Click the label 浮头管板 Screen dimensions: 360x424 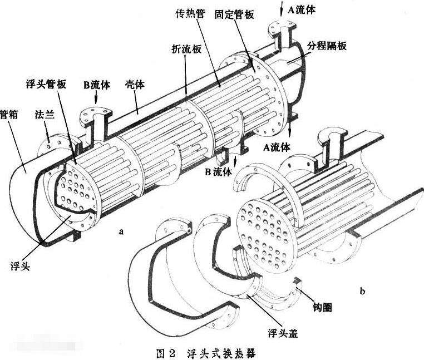click(x=47, y=84)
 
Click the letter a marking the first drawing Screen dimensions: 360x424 click(x=121, y=231)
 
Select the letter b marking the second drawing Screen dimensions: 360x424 click(x=363, y=290)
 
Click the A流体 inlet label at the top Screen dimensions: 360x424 click(x=305, y=8)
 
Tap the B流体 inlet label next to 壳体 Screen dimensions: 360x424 click(x=97, y=85)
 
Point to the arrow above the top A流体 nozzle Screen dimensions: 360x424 click(x=285, y=7)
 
